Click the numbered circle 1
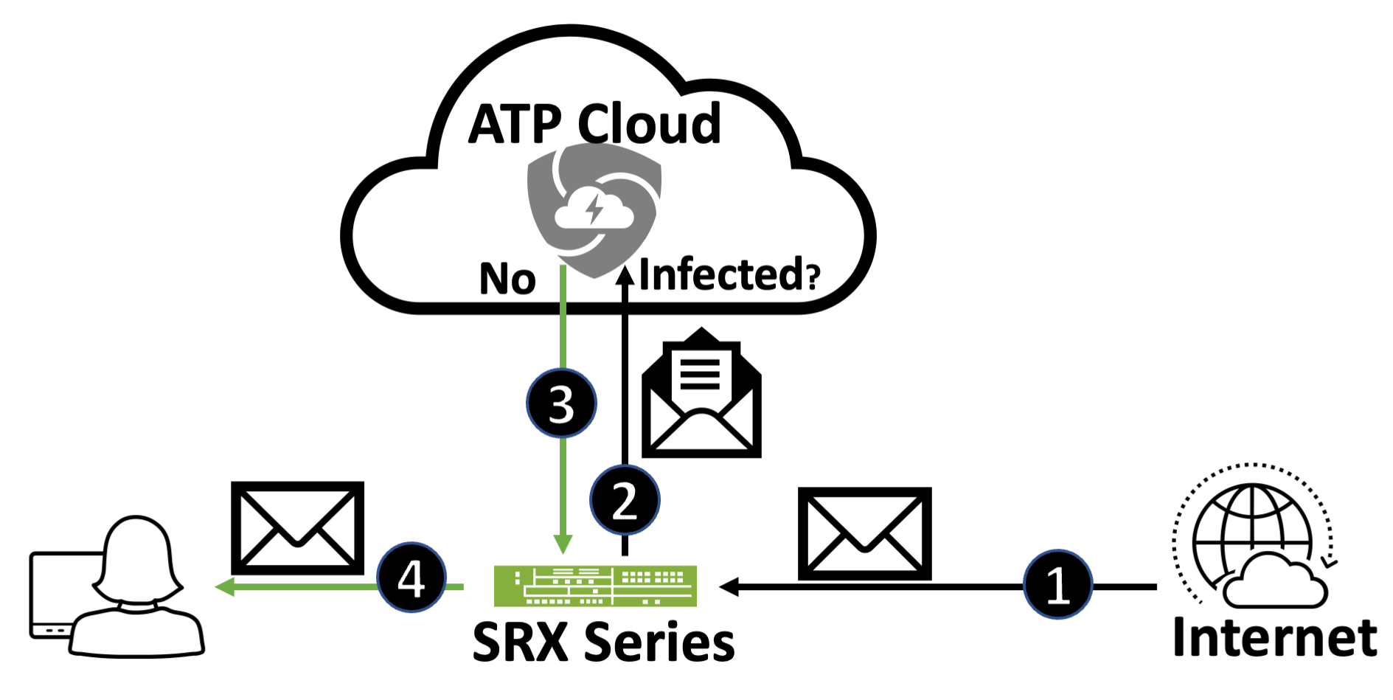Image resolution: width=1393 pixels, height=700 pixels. pyautogui.click(x=1057, y=585)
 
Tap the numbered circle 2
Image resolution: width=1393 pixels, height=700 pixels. pyautogui.click(x=625, y=500)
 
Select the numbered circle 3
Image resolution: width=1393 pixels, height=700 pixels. pyautogui.click(x=561, y=403)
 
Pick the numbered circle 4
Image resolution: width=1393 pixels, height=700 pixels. pyautogui.click(x=411, y=578)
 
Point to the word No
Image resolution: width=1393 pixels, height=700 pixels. pyautogui.click(x=507, y=279)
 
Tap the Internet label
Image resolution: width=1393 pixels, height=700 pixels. pyautogui.click(x=1274, y=637)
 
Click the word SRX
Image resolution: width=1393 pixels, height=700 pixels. pyautogui.click(x=520, y=642)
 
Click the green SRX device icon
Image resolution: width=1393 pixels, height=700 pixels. pyautogui.click(x=595, y=586)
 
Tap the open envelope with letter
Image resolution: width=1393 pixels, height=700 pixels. pyautogui.click(x=701, y=395)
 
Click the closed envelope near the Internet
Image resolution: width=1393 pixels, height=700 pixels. pyautogui.click(x=864, y=533)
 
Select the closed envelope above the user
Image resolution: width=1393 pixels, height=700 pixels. pyautogui.click(x=297, y=528)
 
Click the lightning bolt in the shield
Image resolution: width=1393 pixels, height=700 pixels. pyautogui.click(x=594, y=208)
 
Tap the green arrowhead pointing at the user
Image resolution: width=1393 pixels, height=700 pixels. pyautogui.click(x=223, y=587)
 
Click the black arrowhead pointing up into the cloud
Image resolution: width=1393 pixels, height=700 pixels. pyautogui.click(x=625, y=274)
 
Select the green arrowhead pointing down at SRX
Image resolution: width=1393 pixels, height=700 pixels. pyautogui.click(x=563, y=545)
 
